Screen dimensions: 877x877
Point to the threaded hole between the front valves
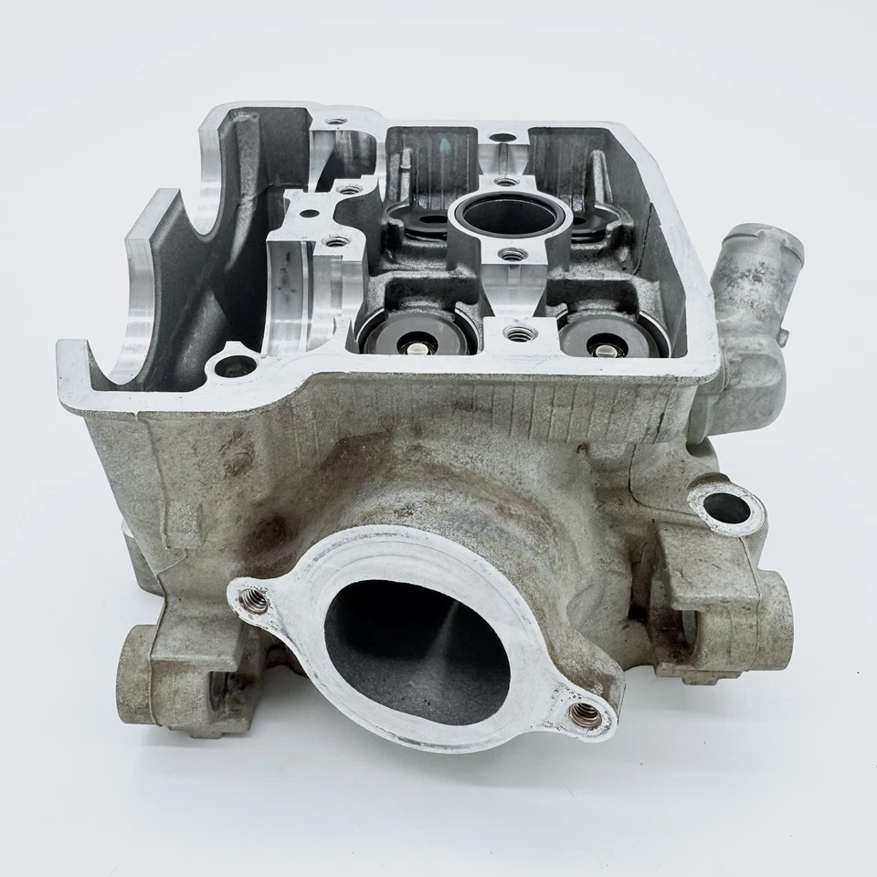pos(517,335)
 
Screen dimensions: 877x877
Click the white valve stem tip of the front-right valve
pos(605,348)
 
